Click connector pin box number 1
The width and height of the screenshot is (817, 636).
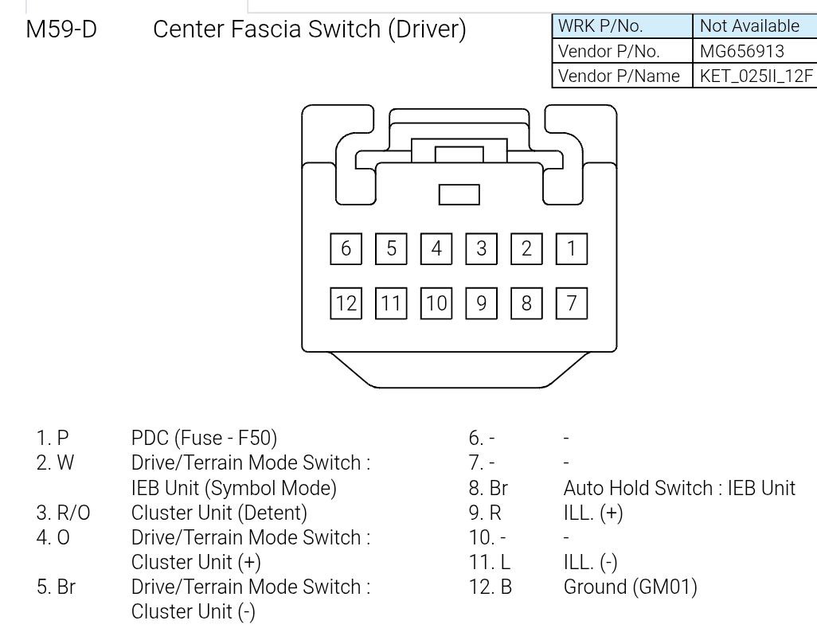pos(571,248)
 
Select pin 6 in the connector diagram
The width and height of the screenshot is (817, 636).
pos(346,248)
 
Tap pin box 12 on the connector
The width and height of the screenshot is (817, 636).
pos(346,302)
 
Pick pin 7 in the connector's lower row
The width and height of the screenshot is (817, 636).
pos(571,302)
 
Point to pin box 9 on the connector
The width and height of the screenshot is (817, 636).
pos(481,302)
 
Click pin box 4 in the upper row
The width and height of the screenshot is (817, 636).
pos(436,248)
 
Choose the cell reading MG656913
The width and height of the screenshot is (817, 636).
pos(741,51)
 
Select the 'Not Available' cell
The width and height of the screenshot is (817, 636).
pos(749,25)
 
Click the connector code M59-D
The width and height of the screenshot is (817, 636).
pos(61,29)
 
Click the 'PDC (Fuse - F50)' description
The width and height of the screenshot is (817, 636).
pos(204,438)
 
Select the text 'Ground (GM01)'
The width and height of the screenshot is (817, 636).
pos(630,587)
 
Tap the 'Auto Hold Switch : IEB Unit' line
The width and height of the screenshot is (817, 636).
pos(678,487)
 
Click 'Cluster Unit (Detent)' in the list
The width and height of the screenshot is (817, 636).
pos(219,513)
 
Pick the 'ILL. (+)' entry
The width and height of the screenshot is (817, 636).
pos(592,513)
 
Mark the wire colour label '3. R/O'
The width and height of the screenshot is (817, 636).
pos(63,513)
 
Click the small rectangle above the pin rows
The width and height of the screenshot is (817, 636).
pos(459,194)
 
